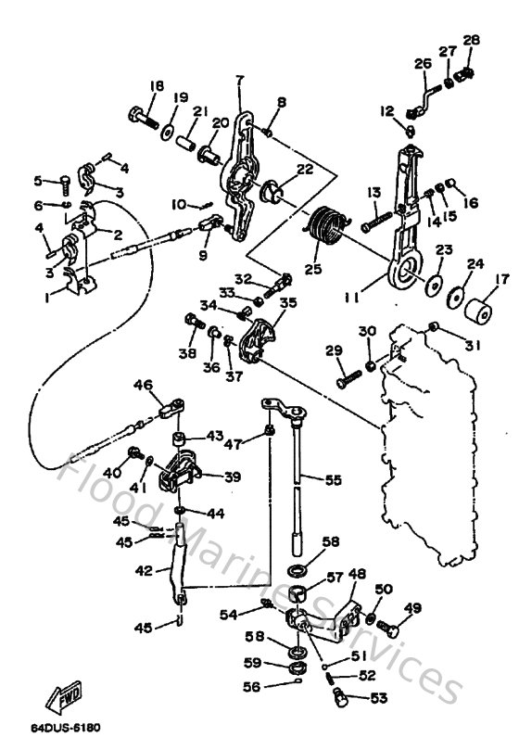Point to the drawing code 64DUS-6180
pyautogui.click(x=64, y=730)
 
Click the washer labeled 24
pyautogui.click(x=455, y=298)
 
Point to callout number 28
pyautogui.click(x=472, y=40)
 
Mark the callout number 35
pyautogui.click(x=287, y=302)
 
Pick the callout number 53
pyautogui.click(x=379, y=699)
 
